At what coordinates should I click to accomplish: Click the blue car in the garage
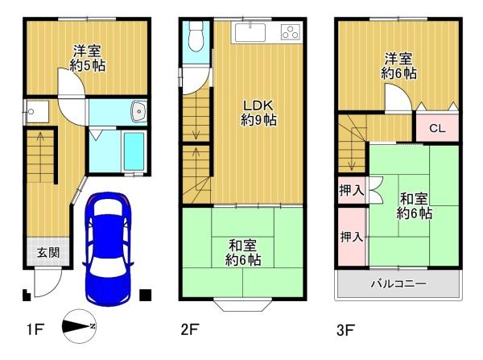pyautogui.click(x=108, y=249)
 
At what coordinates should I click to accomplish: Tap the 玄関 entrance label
pyautogui.click(x=48, y=253)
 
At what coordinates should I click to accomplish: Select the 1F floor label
pyautogui.click(x=35, y=329)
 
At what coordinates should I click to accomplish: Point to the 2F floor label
pyautogui.click(x=189, y=329)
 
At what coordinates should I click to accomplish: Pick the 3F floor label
pyautogui.click(x=345, y=330)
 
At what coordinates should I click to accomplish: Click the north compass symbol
pyautogui.click(x=79, y=326)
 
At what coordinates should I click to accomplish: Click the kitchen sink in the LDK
pyautogui.click(x=250, y=32)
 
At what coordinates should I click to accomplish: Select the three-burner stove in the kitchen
pyautogui.click(x=291, y=32)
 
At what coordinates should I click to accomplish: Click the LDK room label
pyautogui.click(x=258, y=113)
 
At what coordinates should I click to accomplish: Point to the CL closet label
pyautogui.click(x=437, y=128)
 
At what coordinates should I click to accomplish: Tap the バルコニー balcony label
pyautogui.click(x=398, y=283)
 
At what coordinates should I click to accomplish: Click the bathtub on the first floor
pyautogui.click(x=134, y=151)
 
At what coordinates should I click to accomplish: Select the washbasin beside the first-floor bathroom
pyautogui.click(x=139, y=111)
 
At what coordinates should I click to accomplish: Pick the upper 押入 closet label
pyautogui.click(x=352, y=190)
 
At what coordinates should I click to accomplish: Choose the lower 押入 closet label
pyautogui.click(x=352, y=237)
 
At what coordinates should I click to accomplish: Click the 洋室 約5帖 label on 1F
pyautogui.click(x=88, y=58)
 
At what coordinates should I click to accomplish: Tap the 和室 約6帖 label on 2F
pyautogui.click(x=243, y=253)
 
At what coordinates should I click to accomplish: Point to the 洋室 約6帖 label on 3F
pyautogui.click(x=398, y=66)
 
